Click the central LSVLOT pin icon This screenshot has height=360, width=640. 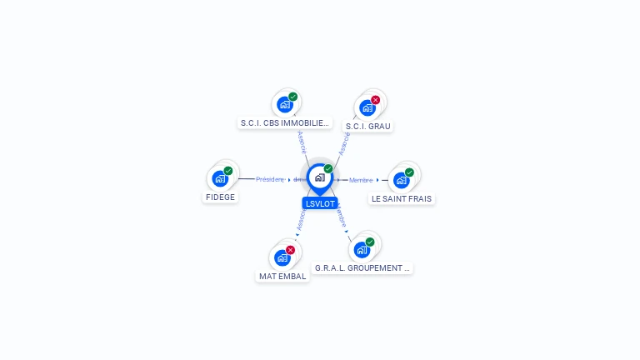coord(319,177)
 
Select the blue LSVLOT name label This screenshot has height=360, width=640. coord(320,203)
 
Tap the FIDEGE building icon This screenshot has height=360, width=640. coord(220,177)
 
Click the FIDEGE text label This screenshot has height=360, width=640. coord(221,197)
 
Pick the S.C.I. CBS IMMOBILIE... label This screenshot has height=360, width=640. coord(285,123)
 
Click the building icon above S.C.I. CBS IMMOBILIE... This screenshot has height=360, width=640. coord(285,105)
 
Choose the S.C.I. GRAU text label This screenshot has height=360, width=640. coord(368,127)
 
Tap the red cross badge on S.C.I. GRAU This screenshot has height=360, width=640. coord(376,100)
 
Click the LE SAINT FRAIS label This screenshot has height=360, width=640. coord(402,199)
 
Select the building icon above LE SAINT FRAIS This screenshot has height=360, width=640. coord(402,180)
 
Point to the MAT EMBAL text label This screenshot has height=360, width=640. coord(282,276)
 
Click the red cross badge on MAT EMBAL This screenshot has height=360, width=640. coord(290,250)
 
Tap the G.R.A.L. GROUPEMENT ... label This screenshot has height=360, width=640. coord(362,268)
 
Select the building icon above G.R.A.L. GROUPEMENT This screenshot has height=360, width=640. coord(362,249)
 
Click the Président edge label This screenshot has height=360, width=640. coord(270,179)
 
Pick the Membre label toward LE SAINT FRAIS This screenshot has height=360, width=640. coord(361,180)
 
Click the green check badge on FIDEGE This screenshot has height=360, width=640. coord(228,171)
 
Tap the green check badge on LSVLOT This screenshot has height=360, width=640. coord(328,169)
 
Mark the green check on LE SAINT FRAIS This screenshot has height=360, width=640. coord(409,172)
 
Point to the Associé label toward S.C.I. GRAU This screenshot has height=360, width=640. coord(344,143)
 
